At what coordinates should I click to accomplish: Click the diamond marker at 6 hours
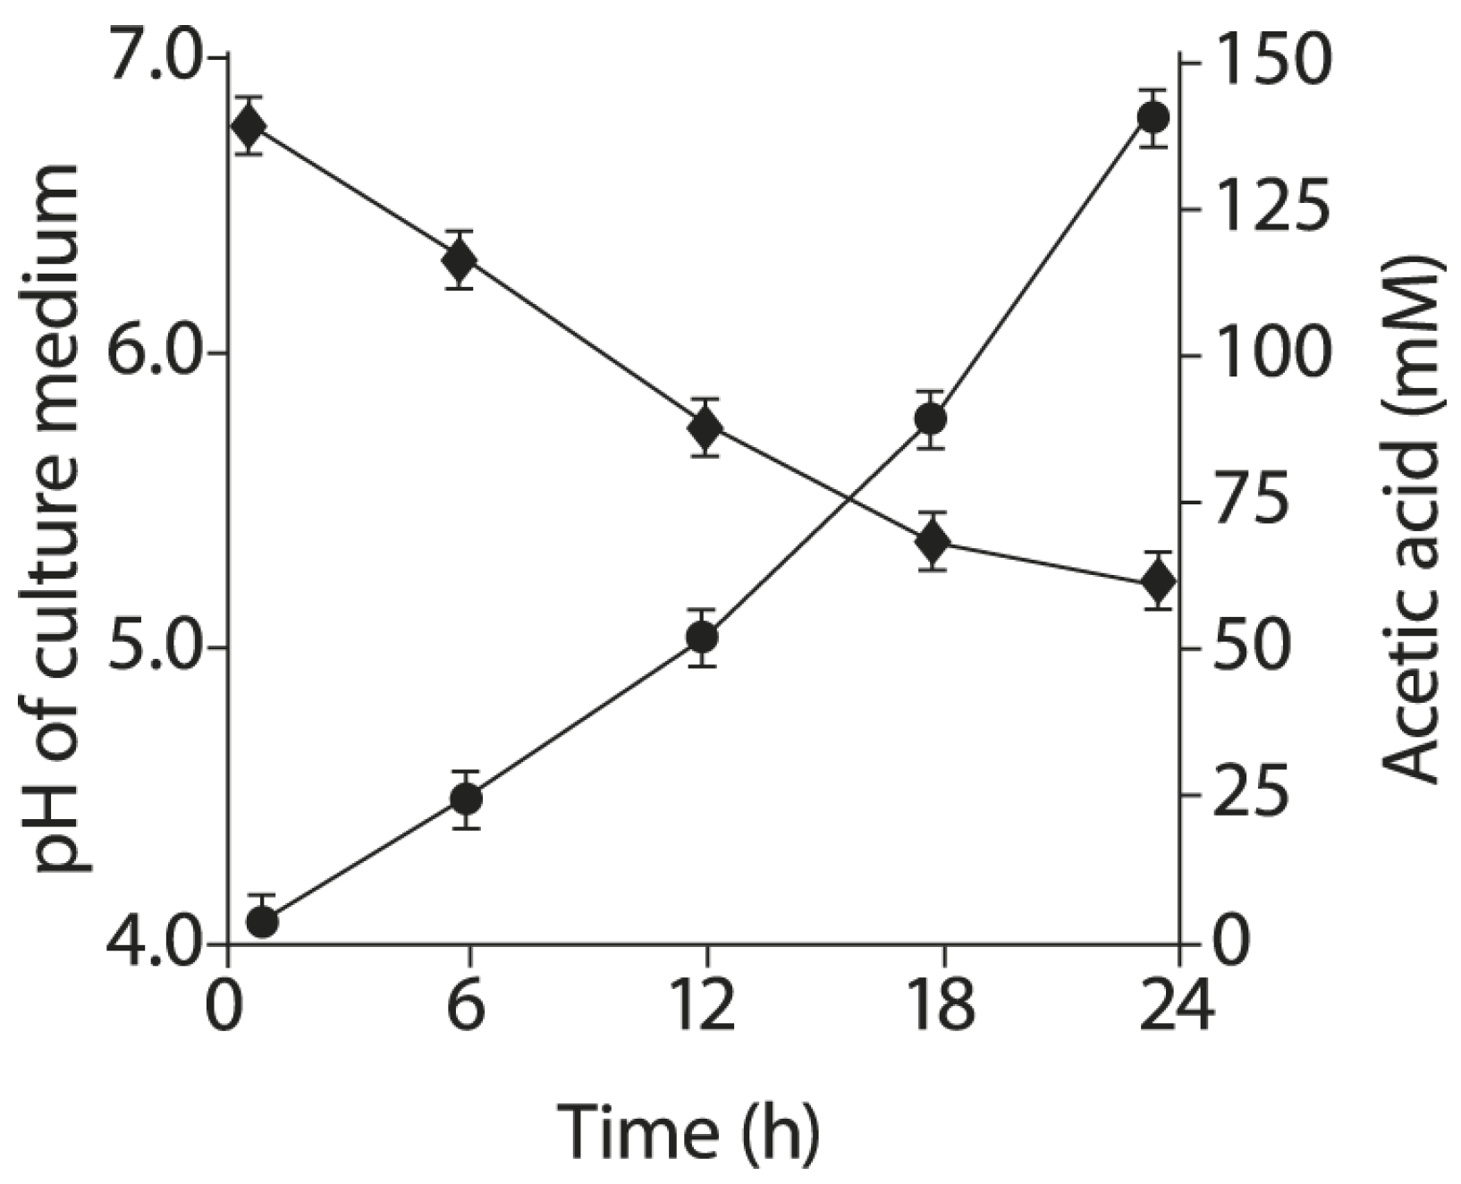(460, 260)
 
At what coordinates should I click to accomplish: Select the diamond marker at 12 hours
(705, 427)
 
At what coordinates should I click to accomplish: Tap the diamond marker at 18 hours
(933, 541)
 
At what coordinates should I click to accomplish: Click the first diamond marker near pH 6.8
(249, 125)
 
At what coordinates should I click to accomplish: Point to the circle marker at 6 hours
(466, 799)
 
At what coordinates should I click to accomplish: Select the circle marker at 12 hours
(702, 638)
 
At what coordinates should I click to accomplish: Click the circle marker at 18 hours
(931, 419)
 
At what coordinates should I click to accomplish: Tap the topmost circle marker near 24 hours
(1153, 118)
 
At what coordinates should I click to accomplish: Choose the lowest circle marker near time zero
(262, 921)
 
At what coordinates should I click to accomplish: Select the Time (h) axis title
(688, 1132)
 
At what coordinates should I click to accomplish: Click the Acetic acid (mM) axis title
(1412, 519)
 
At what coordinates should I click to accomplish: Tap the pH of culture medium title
(60, 519)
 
